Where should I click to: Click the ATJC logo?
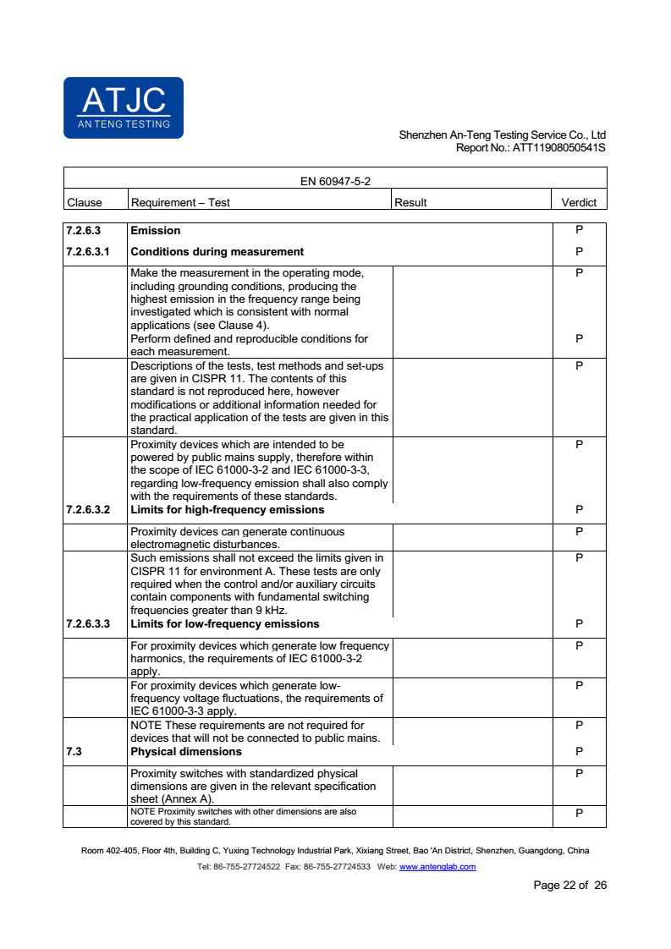click(x=124, y=107)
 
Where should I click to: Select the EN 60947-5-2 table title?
click(x=335, y=181)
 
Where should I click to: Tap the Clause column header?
click(x=84, y=202)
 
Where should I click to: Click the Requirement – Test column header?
click(x=180, y=202)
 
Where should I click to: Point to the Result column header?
click(x=410, y=202)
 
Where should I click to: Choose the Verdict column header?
click(x=579, y=202)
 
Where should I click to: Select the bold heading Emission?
click(x=155, y=230)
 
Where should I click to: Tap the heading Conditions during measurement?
click(x=217, y=251)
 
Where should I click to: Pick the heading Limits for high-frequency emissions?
click(x=228, y=510)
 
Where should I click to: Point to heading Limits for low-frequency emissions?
click(x=225, y=623)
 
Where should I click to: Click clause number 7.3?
click(x=74, y=751)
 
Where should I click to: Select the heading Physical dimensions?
click(x=186, y=751)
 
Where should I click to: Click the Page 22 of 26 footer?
click(x=569, y=886)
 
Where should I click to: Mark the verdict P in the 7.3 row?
click(x=579, y=751)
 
